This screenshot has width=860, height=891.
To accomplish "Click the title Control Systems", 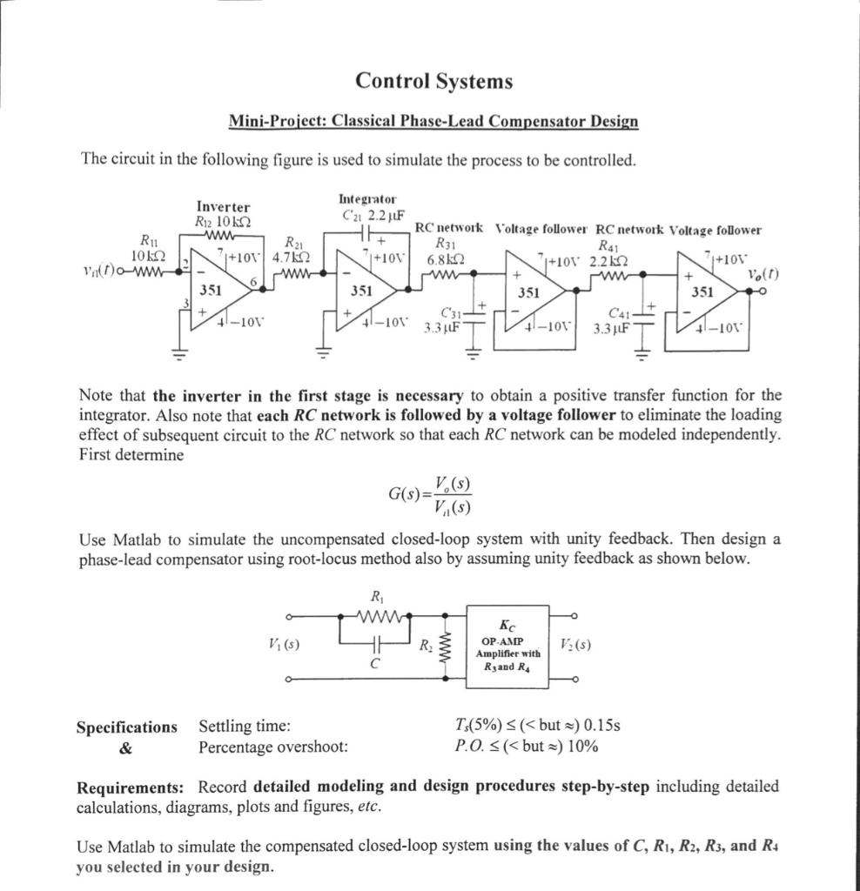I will point(433,81).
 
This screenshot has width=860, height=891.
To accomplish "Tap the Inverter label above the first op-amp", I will point(223,207).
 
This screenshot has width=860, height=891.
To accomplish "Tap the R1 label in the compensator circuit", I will point(377,597).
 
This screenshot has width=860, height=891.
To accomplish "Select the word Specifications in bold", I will point(126,727).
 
